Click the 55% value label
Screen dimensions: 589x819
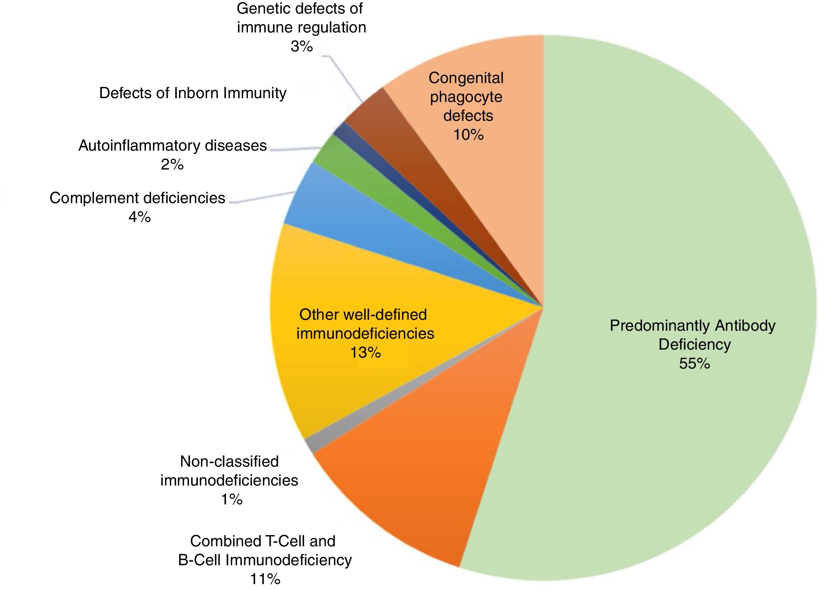click(694, 364)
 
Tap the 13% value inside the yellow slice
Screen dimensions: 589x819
click(365, 353)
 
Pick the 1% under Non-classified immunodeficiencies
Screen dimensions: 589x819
click(231, 500)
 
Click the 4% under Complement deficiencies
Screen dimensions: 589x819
click(139, 217)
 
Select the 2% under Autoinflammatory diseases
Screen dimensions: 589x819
click(172, 165)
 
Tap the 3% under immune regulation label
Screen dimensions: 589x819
click(302, 46)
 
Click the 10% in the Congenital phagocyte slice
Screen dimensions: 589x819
click(468, 135)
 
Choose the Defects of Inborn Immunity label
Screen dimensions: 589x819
click(193, 93)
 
